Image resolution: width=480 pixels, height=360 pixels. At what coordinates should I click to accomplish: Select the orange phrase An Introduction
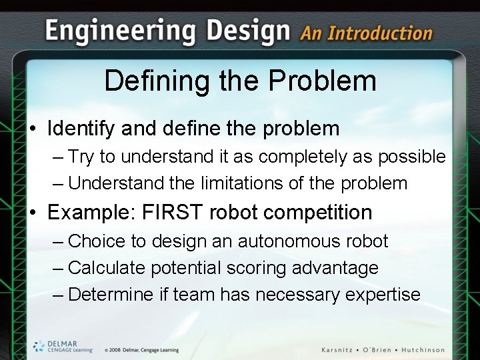pos(366,33)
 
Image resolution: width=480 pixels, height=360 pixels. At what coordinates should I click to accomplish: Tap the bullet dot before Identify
pos(33,129)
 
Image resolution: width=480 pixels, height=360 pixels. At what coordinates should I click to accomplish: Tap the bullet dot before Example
pos(33,213)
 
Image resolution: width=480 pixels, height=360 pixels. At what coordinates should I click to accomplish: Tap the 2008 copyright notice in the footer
pos(141,350)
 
